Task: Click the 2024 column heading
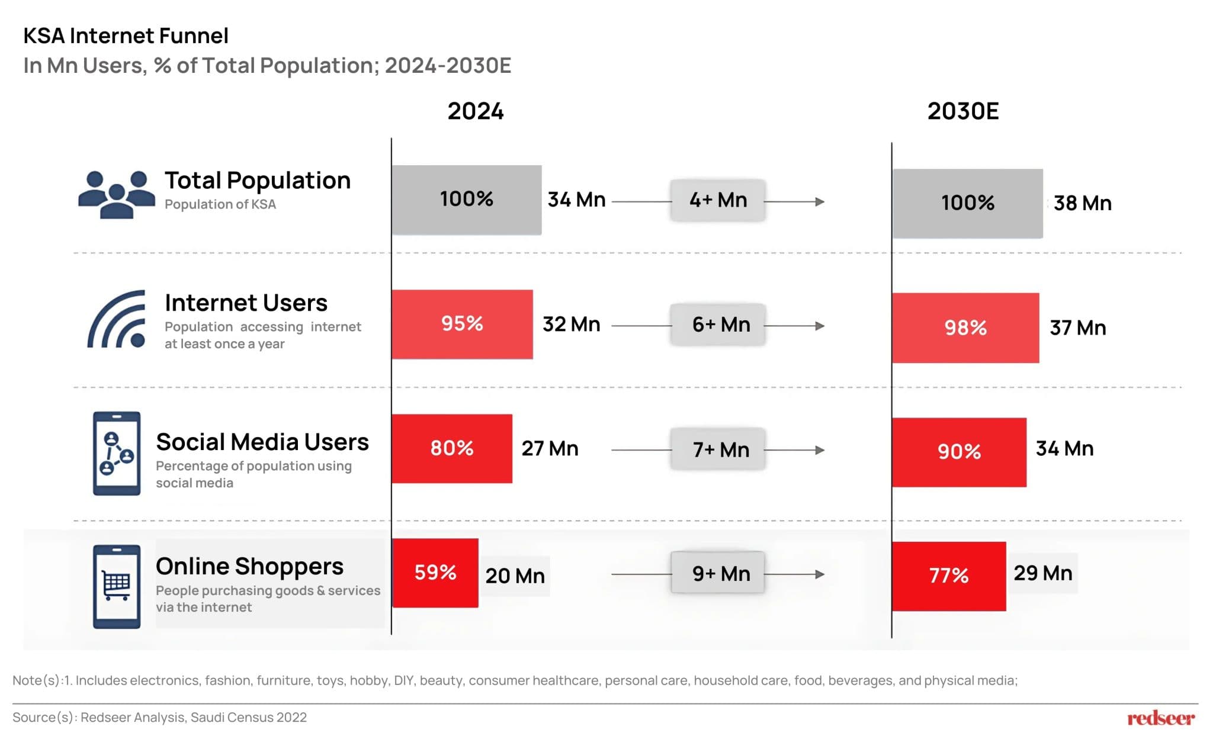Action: [475, 111]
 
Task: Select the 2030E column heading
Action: [962, 111]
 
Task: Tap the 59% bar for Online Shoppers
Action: [435, 573]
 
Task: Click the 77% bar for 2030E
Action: [948, 576]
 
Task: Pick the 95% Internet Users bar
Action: [462, 324]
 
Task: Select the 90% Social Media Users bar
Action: [959, 452]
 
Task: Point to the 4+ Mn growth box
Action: [718, 200]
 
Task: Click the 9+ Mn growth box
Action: [718, 573]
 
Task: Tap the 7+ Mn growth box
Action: [718, 449]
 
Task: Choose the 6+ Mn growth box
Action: [718, 324]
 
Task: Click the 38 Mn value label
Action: [1082, 203]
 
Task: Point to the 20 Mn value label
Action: [515, 576]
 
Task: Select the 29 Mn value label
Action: [1042, 573]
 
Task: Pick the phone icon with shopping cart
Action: [117, 586]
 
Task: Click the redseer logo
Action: [1160, 718]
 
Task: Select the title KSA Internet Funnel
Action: [126, 36]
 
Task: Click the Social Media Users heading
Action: [262, 442]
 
